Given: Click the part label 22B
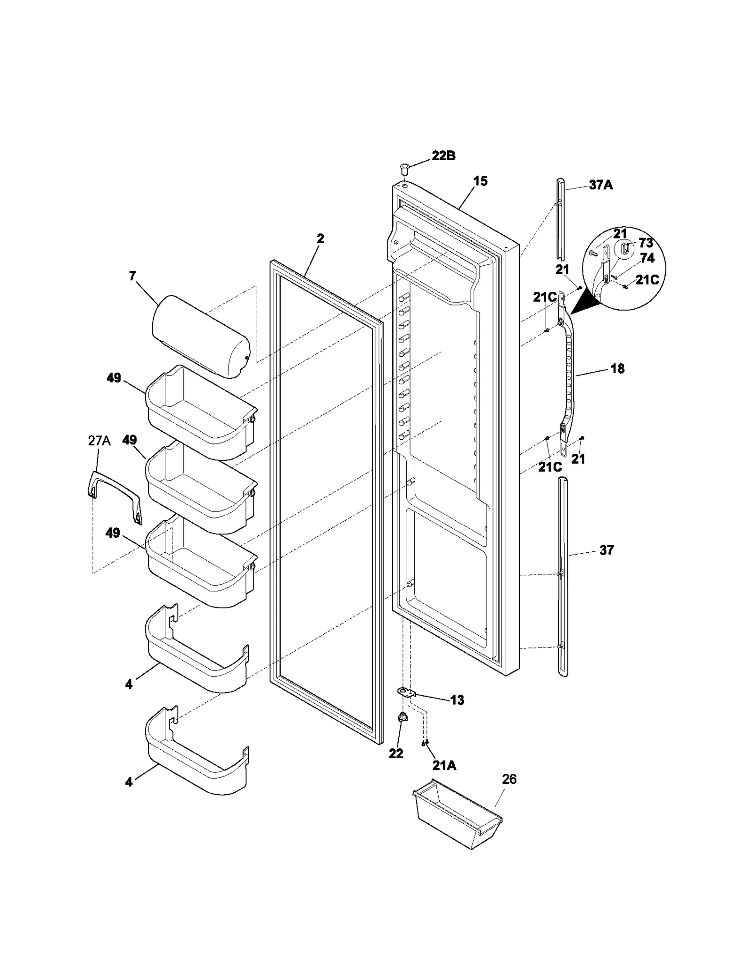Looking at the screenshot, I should click(443, 156).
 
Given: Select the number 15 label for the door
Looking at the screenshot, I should click(480, 181).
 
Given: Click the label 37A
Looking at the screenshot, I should click(601, 185).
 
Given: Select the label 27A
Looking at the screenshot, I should click(99, 441).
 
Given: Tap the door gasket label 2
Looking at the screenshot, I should click(320, 238).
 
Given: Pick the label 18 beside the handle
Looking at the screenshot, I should click(617, 369).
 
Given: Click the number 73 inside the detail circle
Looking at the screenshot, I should click(646, 243).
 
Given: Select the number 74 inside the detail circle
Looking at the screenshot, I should click(647, 258).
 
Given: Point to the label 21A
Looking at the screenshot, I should click(444, 766).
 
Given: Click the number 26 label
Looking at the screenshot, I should click(509, 779).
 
